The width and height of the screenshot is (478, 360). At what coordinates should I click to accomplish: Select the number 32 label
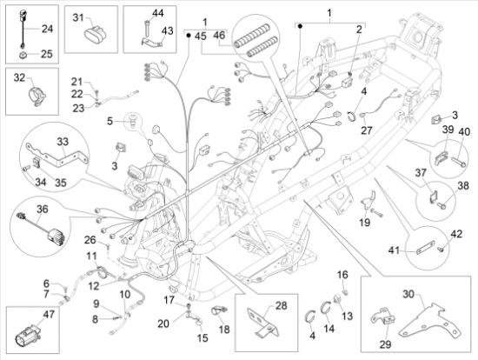click(18, 78)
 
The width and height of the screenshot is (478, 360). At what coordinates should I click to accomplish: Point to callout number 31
click(78, 17)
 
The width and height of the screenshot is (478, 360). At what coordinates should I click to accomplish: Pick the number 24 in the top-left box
click(47, 29)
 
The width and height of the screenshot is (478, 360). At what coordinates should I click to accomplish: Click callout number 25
click(47, 54)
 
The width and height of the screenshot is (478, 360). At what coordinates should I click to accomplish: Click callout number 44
click(157, 14)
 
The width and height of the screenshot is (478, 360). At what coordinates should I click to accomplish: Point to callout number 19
click(364, 223)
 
